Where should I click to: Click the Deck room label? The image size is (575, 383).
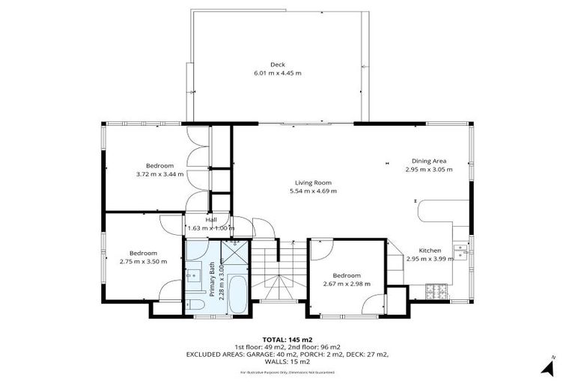click(x=277, y=64)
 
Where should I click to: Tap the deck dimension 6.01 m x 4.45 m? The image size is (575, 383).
click(x=277, y=73)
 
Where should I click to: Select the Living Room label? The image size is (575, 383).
click(x=312, y=183)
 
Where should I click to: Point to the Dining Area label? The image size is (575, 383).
click(x=428, y=161)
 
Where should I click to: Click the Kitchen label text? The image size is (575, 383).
click(x=429, y=250)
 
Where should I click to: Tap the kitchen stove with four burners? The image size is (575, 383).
click(x=436, y=292)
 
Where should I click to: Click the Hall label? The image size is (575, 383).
click(x=211, y=219)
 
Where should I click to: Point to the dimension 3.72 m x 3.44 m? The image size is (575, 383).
click(x=159, y=174)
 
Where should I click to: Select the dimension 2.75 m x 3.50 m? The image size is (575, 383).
click(x=143, y=262)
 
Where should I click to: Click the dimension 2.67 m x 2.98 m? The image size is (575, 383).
click(x=347, y=284)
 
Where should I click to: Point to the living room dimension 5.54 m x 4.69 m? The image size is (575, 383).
click(x=312, y=191)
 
